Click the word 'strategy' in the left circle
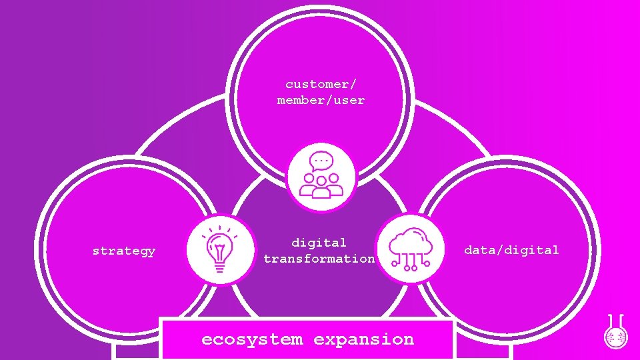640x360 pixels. click(x=124, y=251)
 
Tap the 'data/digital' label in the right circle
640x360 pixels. click(x=511, y=250)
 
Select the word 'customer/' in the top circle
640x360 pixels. click(x=321, y=84)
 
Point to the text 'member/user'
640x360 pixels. click(x=321, y=100)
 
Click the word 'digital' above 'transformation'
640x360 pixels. click(x=319, y=243)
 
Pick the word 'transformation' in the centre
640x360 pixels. click(x=319, y=259)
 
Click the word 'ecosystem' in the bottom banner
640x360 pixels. click(x=251, y=339)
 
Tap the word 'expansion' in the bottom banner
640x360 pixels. click(x=363, y=339)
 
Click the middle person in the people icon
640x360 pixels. click(x=321, y=186)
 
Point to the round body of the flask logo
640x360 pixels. click(x=615, y=337)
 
